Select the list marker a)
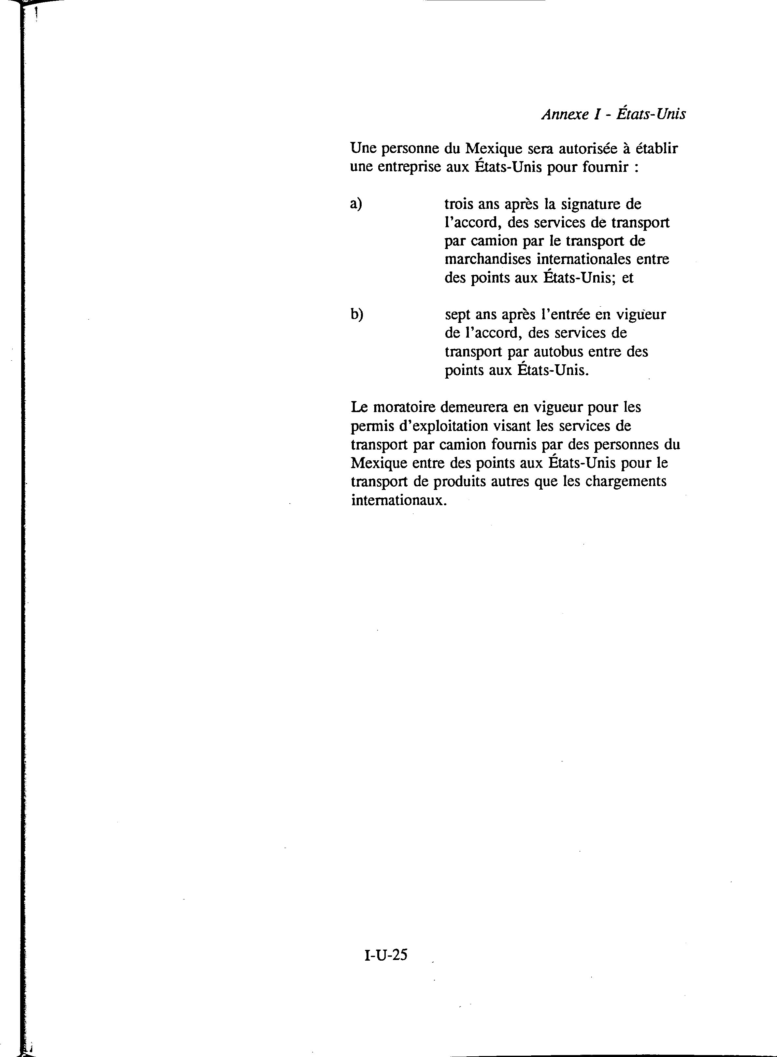(356, 204)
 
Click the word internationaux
(398, 500)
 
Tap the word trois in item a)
(459, 204)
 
